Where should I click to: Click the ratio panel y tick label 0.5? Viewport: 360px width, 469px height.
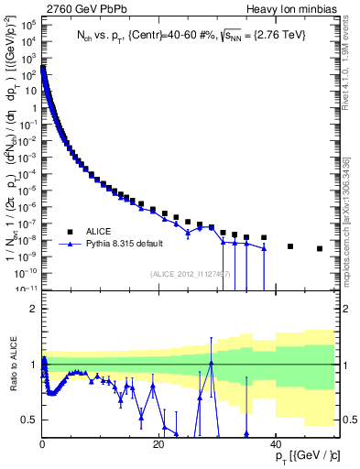[x=29, y=420]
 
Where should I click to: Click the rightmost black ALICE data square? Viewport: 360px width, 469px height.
[x=320, y=248]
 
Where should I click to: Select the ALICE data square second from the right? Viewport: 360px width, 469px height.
[x=290, y=246]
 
